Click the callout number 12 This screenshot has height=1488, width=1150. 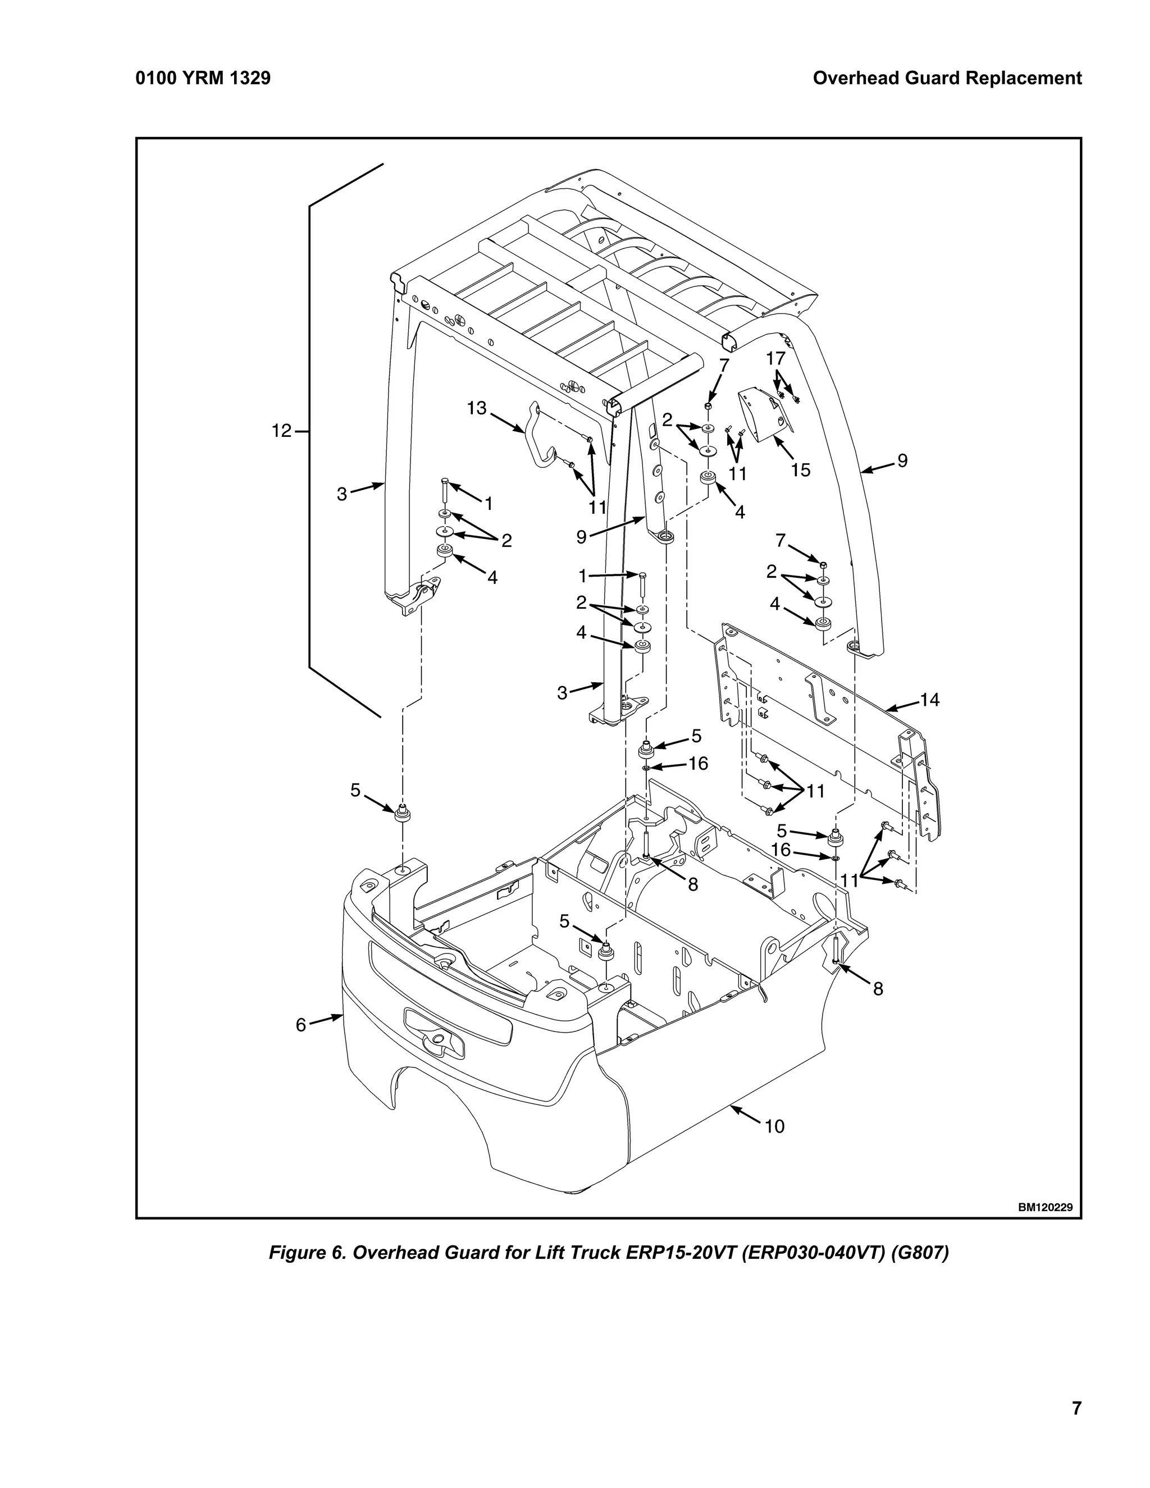click(281, 431)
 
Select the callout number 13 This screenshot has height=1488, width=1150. click(476, 408)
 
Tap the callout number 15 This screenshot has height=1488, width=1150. click(801, 470)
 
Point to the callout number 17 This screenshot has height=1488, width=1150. click(775, 358)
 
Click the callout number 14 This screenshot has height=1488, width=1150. click(929, 700)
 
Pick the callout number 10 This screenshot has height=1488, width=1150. click(774, 1126)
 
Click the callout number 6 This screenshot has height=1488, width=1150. click(301, 1025)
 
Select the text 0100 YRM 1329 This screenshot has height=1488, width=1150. click(203, 79)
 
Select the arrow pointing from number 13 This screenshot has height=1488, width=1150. click(508, 422)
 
